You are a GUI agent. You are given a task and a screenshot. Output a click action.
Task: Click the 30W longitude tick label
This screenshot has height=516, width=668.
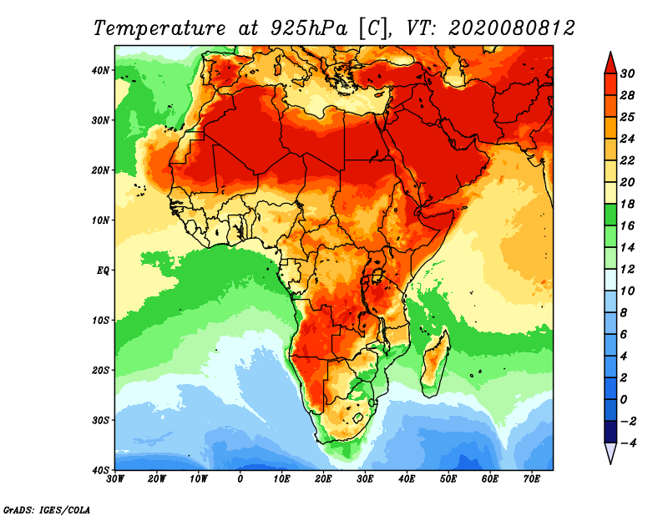(x=115, y=479)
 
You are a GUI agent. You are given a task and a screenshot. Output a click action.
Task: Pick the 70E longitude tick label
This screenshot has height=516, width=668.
(x=532, y=479)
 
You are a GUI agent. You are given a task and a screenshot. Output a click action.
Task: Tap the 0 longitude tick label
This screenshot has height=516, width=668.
(x=240, y=479)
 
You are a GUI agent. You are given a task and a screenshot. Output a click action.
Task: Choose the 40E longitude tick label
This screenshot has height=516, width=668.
(x=407, y=479)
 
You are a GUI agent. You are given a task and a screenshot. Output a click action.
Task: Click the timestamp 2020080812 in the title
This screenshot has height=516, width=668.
(x=511, y=28)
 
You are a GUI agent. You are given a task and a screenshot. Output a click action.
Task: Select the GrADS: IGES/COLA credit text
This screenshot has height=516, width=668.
(x=46, y=508)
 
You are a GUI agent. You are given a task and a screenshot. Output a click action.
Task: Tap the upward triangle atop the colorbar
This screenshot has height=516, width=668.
(x=610, y=62)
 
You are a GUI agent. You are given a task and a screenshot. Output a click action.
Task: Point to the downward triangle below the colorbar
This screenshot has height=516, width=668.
(x=610, y=453)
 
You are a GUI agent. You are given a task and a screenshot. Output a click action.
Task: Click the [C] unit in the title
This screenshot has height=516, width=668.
(x=372, y=28)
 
